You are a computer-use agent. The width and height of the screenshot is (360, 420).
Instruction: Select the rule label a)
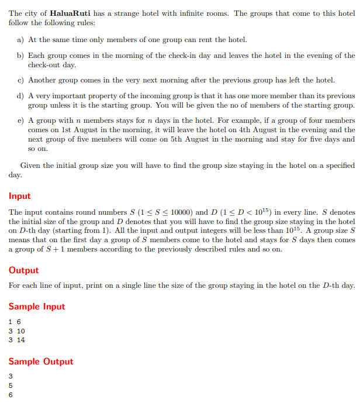22,40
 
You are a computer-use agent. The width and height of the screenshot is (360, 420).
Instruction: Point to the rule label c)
22,80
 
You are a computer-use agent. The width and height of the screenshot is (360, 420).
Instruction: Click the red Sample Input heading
37,307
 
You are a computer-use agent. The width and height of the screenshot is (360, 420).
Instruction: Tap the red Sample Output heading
41,362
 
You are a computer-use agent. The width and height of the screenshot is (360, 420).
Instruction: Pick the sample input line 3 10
18,331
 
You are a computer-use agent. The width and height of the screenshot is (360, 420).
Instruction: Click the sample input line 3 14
18,339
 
